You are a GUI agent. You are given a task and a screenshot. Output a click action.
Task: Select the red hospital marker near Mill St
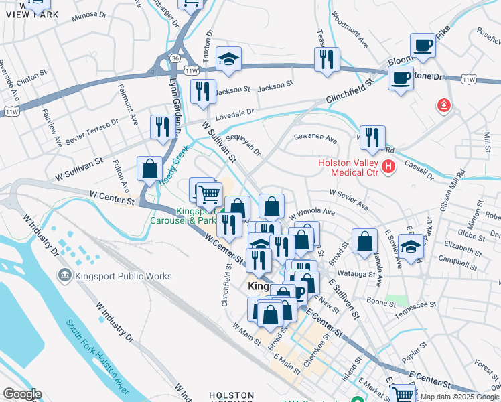coord(443,106)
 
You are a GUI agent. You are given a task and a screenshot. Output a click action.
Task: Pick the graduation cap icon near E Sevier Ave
coord(411,247)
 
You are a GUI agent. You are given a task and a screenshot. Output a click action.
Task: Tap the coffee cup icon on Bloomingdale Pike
coord(423,46)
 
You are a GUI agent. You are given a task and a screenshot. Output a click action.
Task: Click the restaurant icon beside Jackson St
coord(203,92)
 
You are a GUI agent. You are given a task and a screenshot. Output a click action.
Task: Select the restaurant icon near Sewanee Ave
coord(372,139)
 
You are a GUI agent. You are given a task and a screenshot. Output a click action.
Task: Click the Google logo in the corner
coord(22,393)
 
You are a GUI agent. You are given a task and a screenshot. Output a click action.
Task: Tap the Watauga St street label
coord(348,275)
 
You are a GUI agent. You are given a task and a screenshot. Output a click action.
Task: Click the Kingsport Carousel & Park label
coord(196,216)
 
